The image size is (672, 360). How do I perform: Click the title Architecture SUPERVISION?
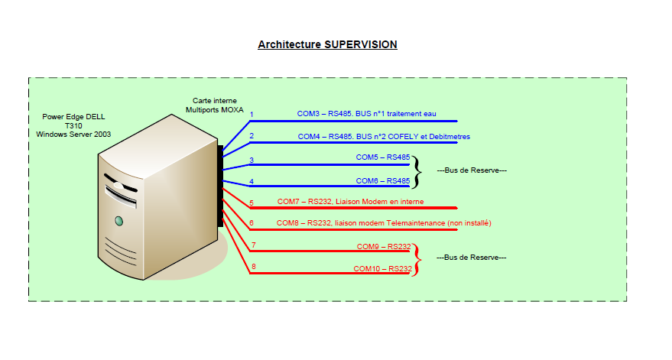point(327,44)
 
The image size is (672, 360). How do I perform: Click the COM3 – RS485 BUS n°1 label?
point(366,114)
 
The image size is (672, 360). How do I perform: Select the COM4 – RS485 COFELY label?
point(383,137)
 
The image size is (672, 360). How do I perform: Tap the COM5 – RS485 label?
point(382,157)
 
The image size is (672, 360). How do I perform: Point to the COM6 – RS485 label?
point(382,181)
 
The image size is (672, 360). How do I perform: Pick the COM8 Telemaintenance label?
point(384,223)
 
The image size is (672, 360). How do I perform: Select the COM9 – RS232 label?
point(383,246)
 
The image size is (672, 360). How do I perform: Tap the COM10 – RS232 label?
point(381,269)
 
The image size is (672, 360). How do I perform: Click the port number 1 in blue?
point(252,115)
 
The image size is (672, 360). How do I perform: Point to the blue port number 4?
point(252,182)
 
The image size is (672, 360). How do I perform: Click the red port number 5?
point(252,203)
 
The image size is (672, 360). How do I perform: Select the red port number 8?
point(253,267)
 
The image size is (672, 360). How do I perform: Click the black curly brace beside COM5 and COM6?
point(417,170)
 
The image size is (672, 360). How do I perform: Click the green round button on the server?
point(118,222)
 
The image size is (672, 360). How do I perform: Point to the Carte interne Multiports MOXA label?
point(215,105)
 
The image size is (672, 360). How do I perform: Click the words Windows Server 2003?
point(73,134)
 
